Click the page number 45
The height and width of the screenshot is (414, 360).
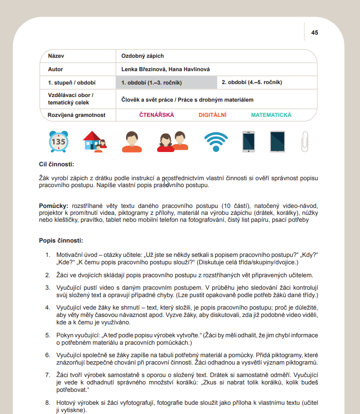[x=315, y=33]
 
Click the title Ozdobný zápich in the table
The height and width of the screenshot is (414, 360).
[x=142, y=56]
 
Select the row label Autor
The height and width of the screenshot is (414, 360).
[x=55, y=69]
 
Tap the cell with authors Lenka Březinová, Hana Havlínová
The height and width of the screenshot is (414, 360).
[x=165, y=69]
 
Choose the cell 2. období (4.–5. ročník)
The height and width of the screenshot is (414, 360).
[x=251, y=83]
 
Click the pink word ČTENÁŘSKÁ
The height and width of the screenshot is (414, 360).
[x=157, y=115]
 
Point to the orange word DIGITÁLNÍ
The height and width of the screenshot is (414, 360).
[x=213, y=115]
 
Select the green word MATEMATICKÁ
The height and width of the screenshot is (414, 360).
[x=271, y=115]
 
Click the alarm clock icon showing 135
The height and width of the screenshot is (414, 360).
[x=59, y=142]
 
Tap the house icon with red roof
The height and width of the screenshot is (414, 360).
[x=94, y=142]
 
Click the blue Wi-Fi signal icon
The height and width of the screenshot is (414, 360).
[x=216, y=141]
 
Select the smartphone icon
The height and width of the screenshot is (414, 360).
[x=249, y=142]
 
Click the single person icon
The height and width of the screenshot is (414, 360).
[x=132, y=142]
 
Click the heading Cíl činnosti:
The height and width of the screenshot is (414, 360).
[x=57, y=164]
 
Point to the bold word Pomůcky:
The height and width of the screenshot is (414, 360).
[x=54, y=205]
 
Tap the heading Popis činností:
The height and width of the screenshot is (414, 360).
[x=61, y=241]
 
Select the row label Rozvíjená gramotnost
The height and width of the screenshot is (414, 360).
[x=77, y=115]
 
